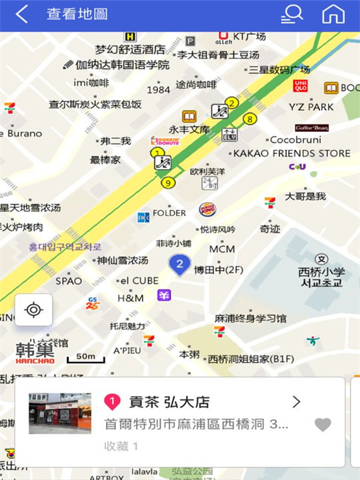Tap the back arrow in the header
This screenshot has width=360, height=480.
click(x=22, y=15)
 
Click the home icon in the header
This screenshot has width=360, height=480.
click(x=333, y=14)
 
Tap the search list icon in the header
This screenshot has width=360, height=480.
click(x=291, y=14)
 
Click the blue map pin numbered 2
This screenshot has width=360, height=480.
click(x=179, y=265)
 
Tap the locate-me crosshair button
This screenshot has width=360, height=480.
click(x=33, y=310)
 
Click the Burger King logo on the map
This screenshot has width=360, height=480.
click(x=207, y=209)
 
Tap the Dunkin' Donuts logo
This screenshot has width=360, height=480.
click(x=165, y=141)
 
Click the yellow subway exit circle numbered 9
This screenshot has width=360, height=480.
click(x=168, y=183)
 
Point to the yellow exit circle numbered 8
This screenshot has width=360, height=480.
click(x=250, y=119)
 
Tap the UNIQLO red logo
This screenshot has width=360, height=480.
click(x=301, y=86)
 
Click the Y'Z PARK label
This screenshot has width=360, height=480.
click(x=311, y=107)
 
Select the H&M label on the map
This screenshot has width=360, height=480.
click(x=130, y=298)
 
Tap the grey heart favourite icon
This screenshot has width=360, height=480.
click(x=323, y=425)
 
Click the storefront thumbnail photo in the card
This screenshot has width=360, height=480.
click(x=60, y=413)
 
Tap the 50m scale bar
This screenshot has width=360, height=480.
click(x=85, y=358)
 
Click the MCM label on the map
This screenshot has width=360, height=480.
click(x=222, y=249)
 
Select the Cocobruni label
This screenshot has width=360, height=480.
click(x=295, y=140)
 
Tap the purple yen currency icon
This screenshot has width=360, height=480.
click(x=164, y=295)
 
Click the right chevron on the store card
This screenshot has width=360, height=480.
click(x=297, y=401)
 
